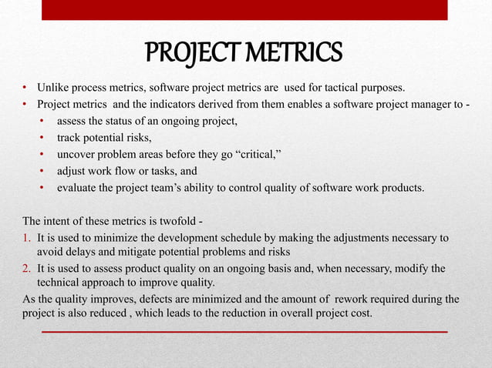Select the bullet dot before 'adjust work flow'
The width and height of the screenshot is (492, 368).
tap(41, 171)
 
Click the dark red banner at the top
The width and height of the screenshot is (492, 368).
tap(245, 9)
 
